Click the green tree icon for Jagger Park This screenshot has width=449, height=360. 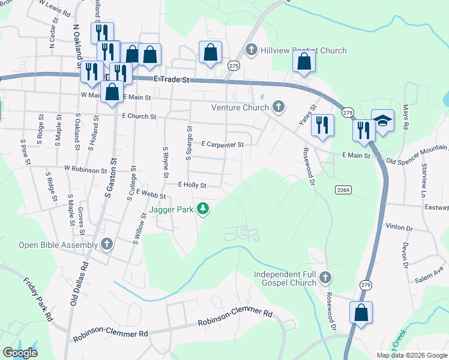tap(204, 208)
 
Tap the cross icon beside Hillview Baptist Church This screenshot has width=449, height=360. tap(252, 50)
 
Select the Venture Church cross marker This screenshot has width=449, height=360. tap(277, 107)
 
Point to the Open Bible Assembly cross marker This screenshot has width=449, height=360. tap(107, 244)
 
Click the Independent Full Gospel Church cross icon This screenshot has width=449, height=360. tap(325, 277)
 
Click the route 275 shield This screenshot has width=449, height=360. tap(234, 66)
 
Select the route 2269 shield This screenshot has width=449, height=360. tap(343, 190)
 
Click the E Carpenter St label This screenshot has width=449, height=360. tap(223, 144)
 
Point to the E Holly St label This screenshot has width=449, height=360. tap(192, 185)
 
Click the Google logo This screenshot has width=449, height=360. tap(20, 353)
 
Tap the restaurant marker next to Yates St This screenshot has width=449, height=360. tap(322, 125)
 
